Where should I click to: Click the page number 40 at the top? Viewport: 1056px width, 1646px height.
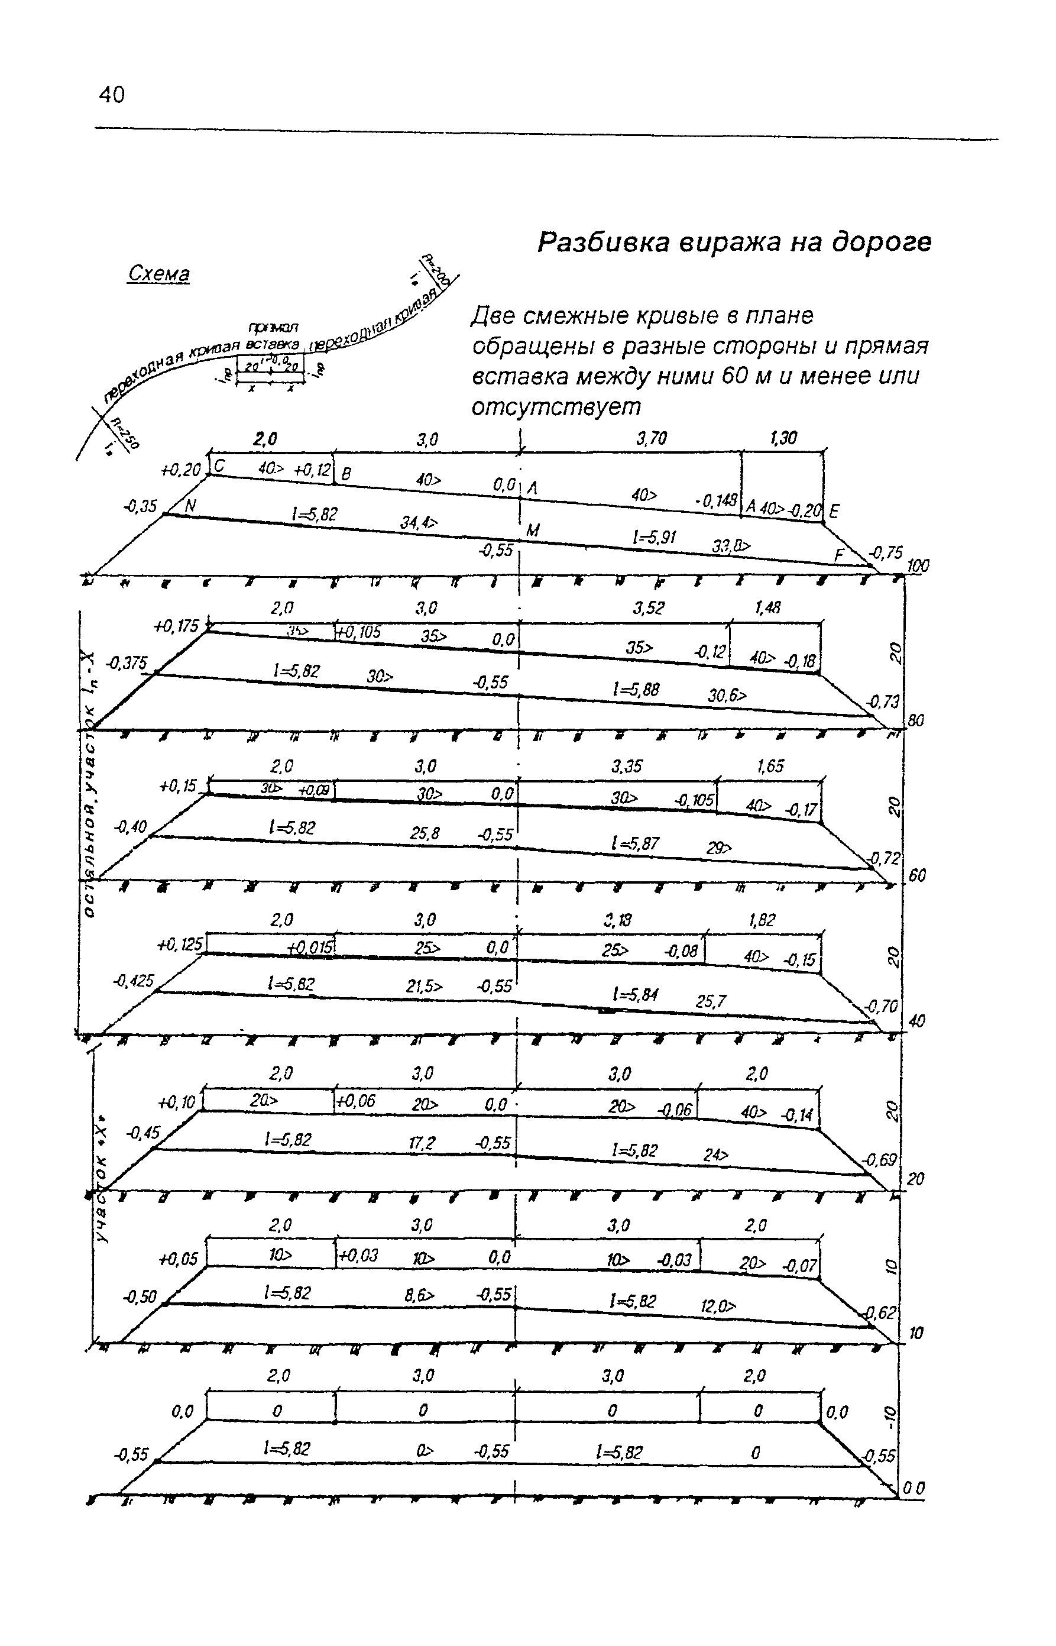[x=112, y=95]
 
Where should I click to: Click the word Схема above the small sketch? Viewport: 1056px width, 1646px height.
[x=158, y=274]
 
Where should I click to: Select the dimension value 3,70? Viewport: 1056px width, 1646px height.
[x=651, y=439]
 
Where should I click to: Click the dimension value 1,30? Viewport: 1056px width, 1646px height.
[x=783, y=439]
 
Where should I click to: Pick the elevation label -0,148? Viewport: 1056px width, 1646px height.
[x=715, y=502]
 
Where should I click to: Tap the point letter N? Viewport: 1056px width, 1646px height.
[x=190, y=507]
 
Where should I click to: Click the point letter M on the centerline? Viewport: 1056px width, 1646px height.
[x=533, y=530]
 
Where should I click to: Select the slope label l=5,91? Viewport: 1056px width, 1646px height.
[x=653, y=538]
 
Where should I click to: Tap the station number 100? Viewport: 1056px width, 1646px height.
[x=918, y=566]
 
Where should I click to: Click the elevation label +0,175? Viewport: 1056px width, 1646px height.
[x=176, y=626]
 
